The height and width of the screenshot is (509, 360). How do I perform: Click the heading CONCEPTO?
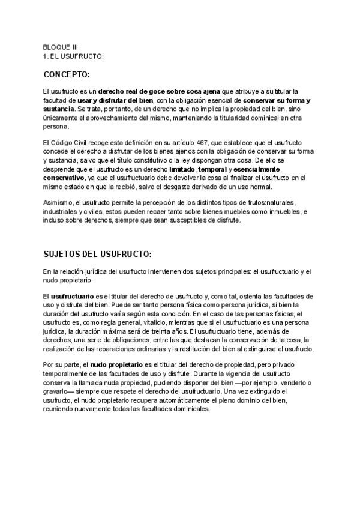pos(66,75)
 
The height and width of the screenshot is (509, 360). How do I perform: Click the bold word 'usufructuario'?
pos(73,297)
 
